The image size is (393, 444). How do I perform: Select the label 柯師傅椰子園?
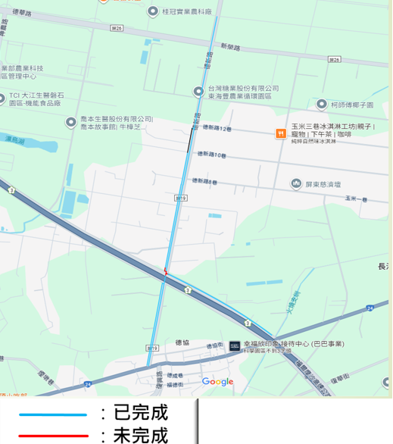pyautogui.click(x=357, y=105)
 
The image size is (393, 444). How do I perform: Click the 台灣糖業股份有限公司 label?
pyautogui.click(x=243, y=89)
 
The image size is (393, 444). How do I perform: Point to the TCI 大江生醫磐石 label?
pyautogui.click(x=42, y=96)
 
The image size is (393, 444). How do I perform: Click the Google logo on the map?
pyautogui.click(x=217, y=382)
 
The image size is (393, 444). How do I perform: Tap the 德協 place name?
pyautogui.click(x=182, y=342)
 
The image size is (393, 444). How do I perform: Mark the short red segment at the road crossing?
pyautogui.click(x=165, y=272)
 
